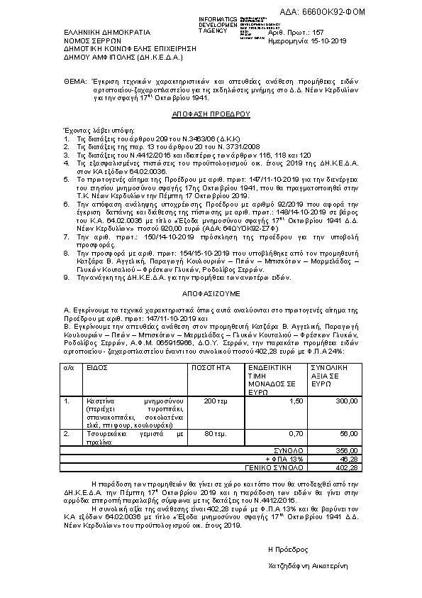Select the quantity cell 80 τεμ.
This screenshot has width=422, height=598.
click(x=215, y=433)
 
